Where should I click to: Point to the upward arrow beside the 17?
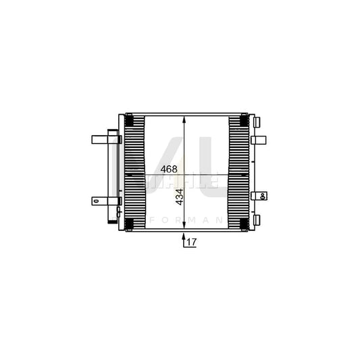coord(184,238)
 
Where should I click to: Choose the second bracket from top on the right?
coord(258,140)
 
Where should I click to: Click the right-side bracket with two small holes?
coord(259,196)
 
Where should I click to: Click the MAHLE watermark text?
coord(178,181)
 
